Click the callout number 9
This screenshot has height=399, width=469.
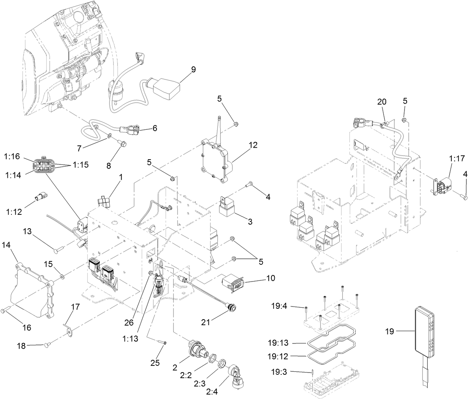[193, 69]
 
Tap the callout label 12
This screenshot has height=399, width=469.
[253, 145]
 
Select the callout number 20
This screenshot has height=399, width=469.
[382, 102]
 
